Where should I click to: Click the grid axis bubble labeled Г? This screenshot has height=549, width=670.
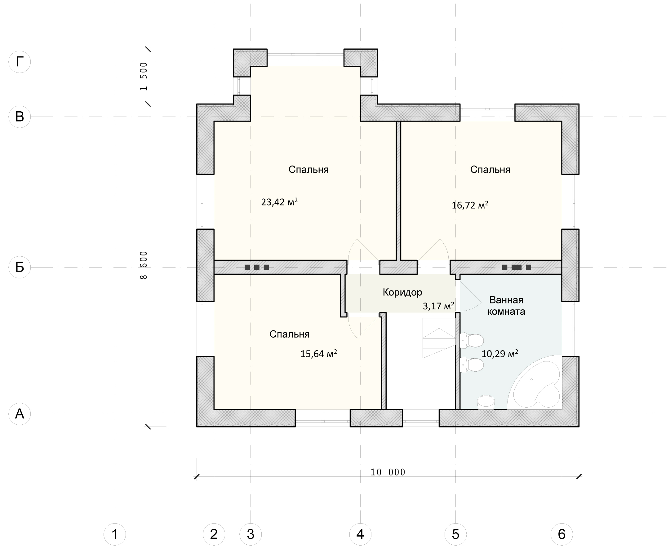[20, 62]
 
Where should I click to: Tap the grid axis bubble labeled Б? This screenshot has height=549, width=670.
[20, 267]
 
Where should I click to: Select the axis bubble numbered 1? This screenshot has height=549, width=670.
[115, 534]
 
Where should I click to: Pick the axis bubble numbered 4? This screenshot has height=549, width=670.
[360, 534]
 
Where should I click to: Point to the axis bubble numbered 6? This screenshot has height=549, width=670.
[562, 534]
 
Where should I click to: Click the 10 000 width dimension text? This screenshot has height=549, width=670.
[388, 472]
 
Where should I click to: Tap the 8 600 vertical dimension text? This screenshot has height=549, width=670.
[144, 265]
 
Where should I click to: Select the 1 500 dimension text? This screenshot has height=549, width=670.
[144, 76]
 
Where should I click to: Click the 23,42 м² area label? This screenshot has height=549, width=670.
[279, 202]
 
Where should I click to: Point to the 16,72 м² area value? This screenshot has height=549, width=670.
[470, 205]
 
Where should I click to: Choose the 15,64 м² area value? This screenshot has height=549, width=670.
[318, 354]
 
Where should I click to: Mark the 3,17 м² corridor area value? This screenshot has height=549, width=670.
[438, 306]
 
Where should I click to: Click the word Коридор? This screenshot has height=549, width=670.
[402, 292]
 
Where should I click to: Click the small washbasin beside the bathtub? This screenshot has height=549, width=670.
[486, 403]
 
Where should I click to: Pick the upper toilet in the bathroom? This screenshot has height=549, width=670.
[472, 341]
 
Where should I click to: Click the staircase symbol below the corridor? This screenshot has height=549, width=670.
[439, 339]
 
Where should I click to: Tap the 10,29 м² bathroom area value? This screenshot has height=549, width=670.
[500, 354]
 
